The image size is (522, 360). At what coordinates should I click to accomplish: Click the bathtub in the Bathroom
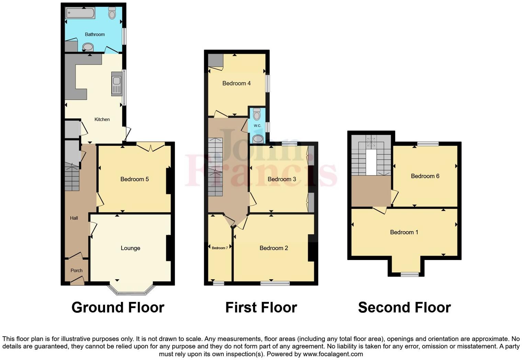tap(80, 13)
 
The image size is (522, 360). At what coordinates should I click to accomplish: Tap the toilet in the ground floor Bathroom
tap(112, 13)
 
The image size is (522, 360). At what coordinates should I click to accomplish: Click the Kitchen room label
tap(102, 120)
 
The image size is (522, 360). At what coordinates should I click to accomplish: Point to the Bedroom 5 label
tap(134, 179)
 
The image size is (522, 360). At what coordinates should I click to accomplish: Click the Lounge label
tap(130, 248)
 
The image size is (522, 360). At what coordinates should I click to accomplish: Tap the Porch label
tap(76, 271)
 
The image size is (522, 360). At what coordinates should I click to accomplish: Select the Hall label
tap(74, 218)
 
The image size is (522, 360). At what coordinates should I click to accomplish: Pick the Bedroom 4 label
tap(236, 83)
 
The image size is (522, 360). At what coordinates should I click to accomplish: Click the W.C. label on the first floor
tap(258, 126)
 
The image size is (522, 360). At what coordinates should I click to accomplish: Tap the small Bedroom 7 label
tap(219, 248)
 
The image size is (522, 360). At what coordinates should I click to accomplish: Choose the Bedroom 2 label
tap(273, 248)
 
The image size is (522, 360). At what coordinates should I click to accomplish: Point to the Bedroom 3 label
tap(282, 179)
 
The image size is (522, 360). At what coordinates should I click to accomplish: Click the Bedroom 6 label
tap(425, 176)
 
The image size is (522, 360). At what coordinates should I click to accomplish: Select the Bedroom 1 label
tap(404, 232)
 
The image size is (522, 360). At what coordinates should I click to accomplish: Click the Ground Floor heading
tap(118, 307)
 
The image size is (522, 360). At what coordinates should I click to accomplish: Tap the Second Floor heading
tap(404, 307)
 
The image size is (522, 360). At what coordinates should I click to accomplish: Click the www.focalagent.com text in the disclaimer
tap(332, 354)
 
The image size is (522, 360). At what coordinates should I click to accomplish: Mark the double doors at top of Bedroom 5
tap(151, 147)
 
